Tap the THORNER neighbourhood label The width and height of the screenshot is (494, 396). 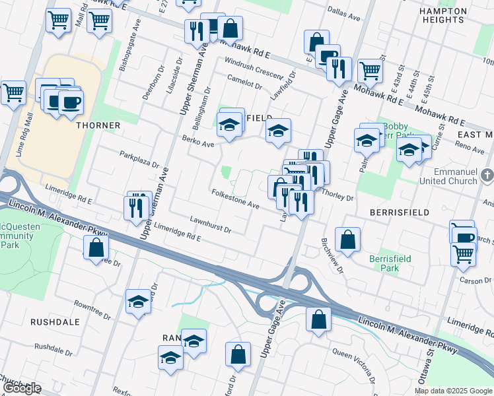pyautogui.click(x=98, y=125)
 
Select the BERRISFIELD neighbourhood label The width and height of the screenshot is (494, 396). pyautogui.click(x=400, y=213)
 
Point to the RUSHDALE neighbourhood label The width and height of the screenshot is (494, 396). pyautogui.click(x=55, y=322)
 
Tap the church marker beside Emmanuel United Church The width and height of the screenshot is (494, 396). pyautogui.click(x=487, y=176)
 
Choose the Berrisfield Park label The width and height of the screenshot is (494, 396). pyautogui.click(x=384, y=263)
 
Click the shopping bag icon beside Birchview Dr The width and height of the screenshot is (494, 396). pyautogui.click(x=347, y=240)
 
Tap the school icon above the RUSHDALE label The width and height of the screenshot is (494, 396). pyautogui.click(x=139, y=302)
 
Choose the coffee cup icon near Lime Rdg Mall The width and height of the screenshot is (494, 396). pyautogui.click(x=71, y=102)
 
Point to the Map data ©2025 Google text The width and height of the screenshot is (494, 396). pyautogui.click(x=453, y=391)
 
